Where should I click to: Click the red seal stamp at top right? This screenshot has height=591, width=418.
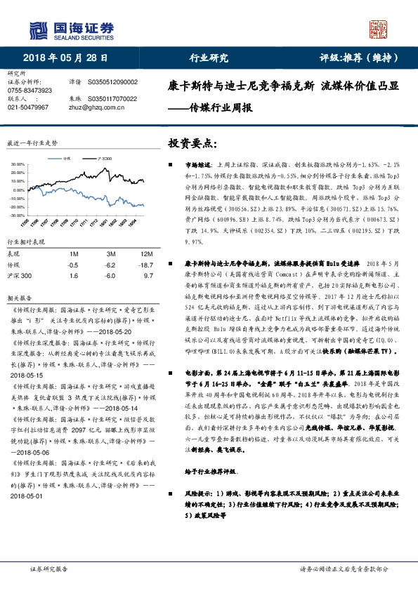coord(380,29)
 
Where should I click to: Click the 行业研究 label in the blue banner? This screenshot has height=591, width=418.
coord(209,58)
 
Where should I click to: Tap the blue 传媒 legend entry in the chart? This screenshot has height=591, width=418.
coord(68,158)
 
